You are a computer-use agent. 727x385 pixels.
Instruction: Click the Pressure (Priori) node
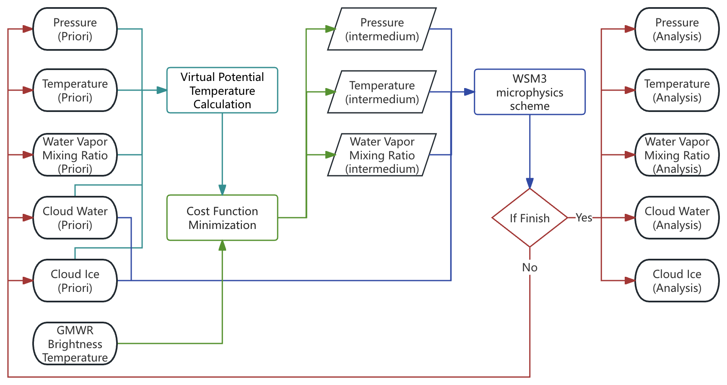[75, 29]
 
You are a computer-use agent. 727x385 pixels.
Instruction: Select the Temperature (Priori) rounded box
[75, 90]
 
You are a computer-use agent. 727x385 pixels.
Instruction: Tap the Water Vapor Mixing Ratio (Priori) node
[75, 155]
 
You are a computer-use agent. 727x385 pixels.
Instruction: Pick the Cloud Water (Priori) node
[75, 218]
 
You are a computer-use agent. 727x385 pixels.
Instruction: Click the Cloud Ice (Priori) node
[75, 281]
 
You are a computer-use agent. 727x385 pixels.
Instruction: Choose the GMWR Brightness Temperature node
[75, 343]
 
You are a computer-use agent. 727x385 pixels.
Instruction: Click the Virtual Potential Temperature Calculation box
[222, 90]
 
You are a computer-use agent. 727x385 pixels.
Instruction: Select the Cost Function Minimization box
[222, 218]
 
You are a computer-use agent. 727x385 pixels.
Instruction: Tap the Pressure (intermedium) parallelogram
[382, 29]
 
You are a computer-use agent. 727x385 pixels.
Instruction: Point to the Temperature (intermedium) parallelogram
[382, 92]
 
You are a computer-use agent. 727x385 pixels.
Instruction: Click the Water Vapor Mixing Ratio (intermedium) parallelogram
[382, 155]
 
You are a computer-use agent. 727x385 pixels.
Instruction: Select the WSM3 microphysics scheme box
[530, 92]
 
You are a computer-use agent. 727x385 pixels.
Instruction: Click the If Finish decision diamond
[530, 218]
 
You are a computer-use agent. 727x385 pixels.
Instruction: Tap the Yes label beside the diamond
[584, 217]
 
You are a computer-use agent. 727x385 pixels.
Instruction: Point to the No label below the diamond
[530, 267]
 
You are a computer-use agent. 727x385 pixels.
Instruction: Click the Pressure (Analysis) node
[677, 29]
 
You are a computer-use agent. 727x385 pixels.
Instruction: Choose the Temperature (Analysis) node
[677, 90]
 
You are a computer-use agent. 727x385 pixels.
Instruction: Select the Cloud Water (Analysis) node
[677, 218]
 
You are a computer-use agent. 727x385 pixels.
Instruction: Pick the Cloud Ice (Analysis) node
[677, 281]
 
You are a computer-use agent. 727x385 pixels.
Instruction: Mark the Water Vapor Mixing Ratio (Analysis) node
[677, 155]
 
